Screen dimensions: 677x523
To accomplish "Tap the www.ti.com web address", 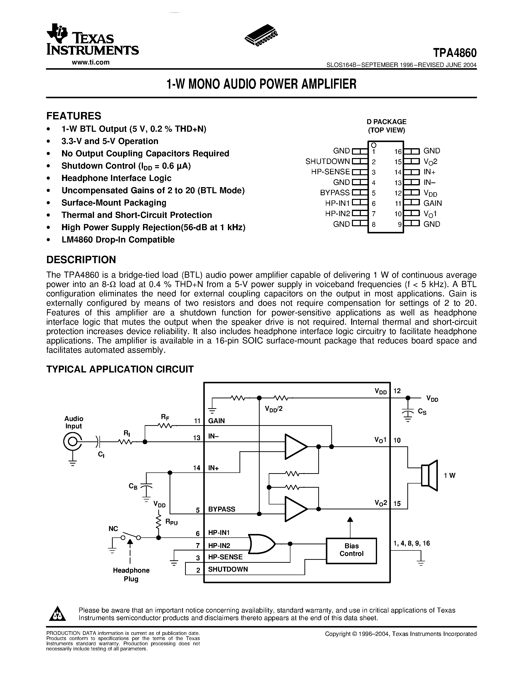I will [x=91, y=62].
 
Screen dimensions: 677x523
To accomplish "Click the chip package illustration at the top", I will [x=261, y=36].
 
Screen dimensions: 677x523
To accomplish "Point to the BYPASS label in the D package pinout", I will [x=335, y=193].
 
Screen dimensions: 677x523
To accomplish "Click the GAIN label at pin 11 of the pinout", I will [x=432, y=203].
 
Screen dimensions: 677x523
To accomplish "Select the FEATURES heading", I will [x=74, y=116].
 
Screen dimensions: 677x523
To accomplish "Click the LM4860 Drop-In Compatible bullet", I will [x=118, y=240].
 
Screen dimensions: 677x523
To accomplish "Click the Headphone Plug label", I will [x=131, y=574].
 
